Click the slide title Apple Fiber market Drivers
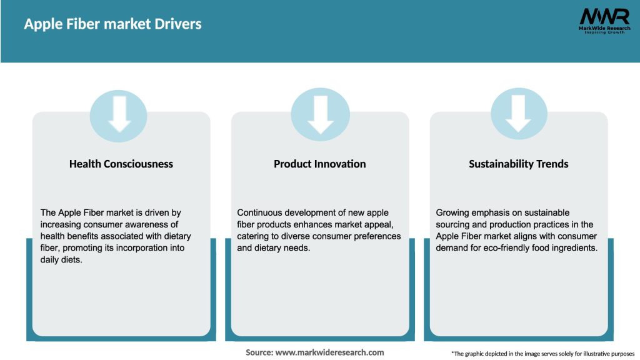click(x=112, y=24)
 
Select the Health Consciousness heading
click(x=121, y=164)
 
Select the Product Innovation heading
click(x=319, y=164)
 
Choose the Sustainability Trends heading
click(x=518, y=164)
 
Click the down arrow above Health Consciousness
click(x=119, y=114)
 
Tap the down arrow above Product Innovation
click(x=321, y=114)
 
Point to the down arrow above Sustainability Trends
click(x=519, y=114)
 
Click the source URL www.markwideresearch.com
click(x=329, y=352)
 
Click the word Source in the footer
click(x=259, y=352)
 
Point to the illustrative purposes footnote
click(x=542, y=354)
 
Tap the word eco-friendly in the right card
click(x=503, y=248)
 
